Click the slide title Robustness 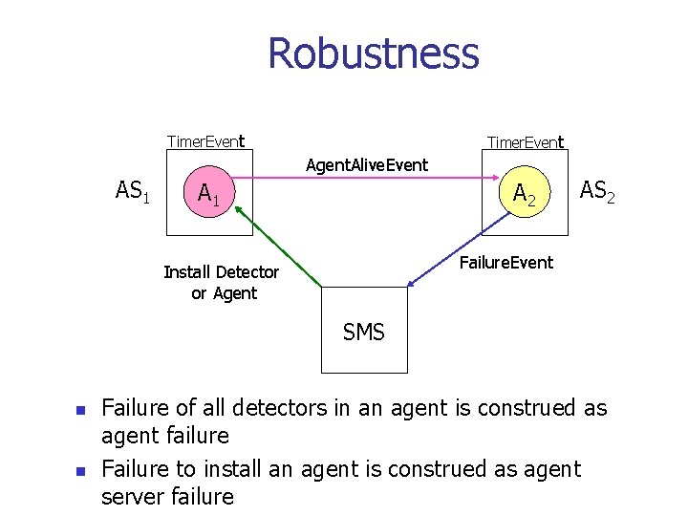point(373,54)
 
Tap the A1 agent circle point(208,194)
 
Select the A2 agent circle point(525,193)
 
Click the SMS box point(364,332)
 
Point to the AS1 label point(133,191)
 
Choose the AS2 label point(597,191)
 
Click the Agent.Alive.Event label point(367,165)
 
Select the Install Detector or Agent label point(222,282)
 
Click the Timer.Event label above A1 point(205,141)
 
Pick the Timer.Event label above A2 point(525,142)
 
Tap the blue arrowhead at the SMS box point(411,283)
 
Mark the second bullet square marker point(80,471)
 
